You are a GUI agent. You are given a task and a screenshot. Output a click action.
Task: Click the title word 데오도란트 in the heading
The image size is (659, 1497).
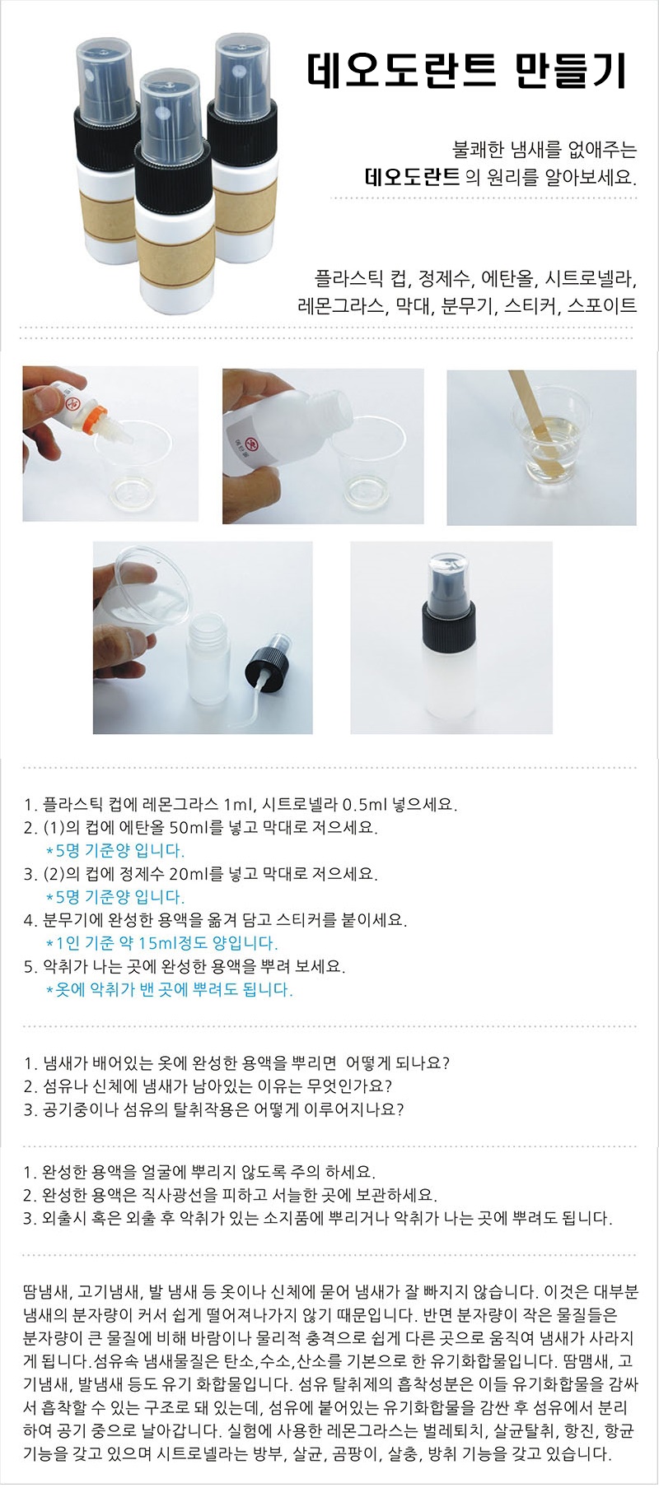pyautogui.click(x=402, y=72)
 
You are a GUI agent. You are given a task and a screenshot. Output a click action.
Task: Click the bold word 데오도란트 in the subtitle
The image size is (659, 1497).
pyautogui.click(x=412, y=176)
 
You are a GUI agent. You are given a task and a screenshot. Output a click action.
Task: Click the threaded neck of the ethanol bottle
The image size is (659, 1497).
pyautogui.click(x=322, y=404)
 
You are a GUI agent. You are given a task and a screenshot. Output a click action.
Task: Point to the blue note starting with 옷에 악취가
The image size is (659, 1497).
pyautogui.click(x=170, y=989)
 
